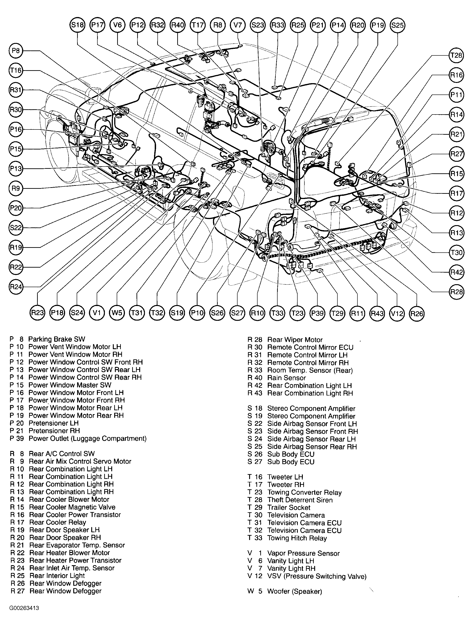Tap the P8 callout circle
[x=16, y=51]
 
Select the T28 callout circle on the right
[x=456, y=55]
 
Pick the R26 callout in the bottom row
[x=417, y=313]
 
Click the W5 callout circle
[x=117, y=313]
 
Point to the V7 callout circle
[x=237, y=25]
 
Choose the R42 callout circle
[x=456, y=272]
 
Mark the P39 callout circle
[x=317, y=313]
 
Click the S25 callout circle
[x=397, y=25]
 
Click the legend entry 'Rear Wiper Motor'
[x=295, y=340]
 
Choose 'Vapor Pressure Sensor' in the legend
[x=303, y=553]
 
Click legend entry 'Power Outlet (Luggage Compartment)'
[x=87, y=438]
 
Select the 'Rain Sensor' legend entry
[x=286, y=378]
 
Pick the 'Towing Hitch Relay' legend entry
[x=297, y=538]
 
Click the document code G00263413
[x=24, y=608]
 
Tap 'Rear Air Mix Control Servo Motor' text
[x=80, y=461]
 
